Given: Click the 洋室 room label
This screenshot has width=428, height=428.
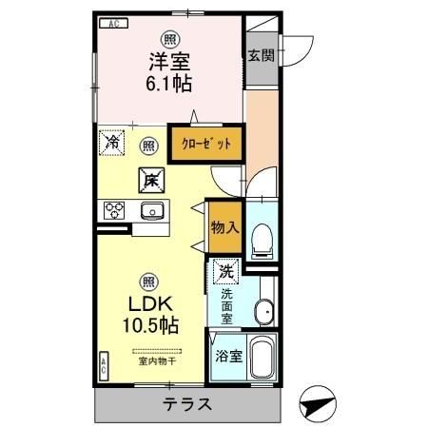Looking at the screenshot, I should tap(169, 60).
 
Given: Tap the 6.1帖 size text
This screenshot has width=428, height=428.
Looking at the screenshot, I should tap(169, 84).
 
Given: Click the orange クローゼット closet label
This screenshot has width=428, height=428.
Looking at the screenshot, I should tap(205, 144).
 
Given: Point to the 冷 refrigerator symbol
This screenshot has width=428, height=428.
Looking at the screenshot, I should tap(113, 145).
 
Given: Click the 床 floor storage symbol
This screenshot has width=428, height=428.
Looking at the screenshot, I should tap(150, 178).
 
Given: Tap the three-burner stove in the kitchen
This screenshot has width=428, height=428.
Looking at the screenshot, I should tap(115, 210).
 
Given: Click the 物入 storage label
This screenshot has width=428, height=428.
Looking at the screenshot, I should tap(225, 228).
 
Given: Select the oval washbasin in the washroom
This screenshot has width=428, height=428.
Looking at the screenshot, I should tap(264, 309).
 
